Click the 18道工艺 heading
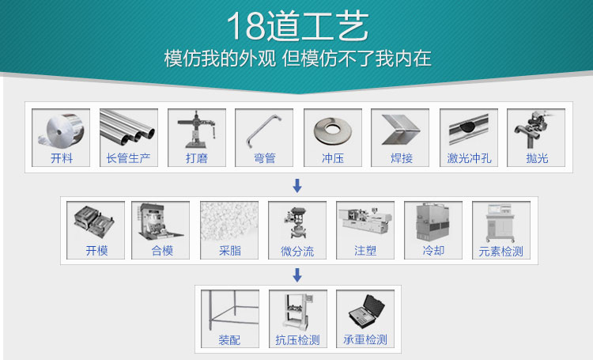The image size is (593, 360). (x=297, y=25)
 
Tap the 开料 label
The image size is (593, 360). (x=61, y=158)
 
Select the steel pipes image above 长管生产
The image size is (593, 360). (x=129, y=127)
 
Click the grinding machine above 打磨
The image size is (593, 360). (x=196, y=130)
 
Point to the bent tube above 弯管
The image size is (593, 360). (x=263, y=131)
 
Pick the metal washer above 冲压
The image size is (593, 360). (x=333, y=131)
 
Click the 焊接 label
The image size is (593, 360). (x=401, y=158)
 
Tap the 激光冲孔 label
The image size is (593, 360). (x=469, y=158)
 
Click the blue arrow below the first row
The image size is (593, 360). (x=297, y=186)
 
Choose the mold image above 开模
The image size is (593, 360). (x=94, y=222)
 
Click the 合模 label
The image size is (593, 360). (x=162, y=251)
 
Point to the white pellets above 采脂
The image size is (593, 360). (x=229, y=222)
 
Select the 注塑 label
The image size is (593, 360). (x=365, y=251)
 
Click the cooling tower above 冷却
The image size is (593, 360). (x=432, y=222)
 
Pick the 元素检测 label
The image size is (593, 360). (x=500, y=251)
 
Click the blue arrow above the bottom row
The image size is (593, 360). (x=297, y=275)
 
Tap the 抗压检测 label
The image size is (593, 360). (x=297, y=340)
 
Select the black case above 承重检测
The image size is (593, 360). (x=366, y=312)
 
